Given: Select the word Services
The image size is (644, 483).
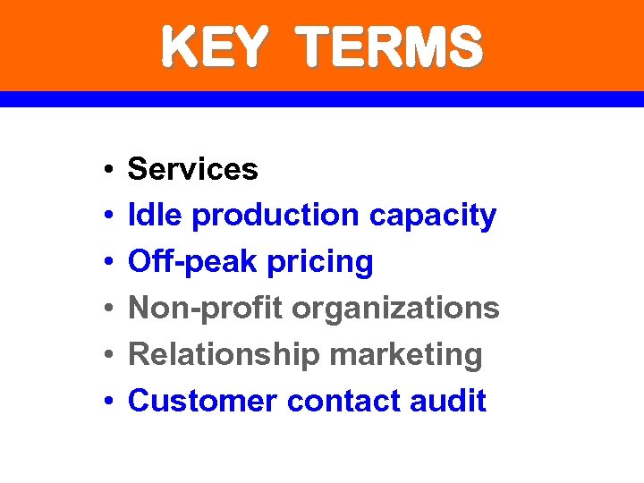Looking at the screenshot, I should [193, 169].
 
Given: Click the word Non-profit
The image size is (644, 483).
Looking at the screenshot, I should [206, 309].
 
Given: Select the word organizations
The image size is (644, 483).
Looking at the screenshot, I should [394, 309].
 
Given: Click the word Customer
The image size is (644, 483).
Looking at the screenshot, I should [202, 402].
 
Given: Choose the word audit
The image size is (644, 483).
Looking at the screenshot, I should [448, 402].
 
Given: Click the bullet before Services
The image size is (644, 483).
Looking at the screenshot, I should [106, 170].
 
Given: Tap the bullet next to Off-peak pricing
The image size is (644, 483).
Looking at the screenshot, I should [106, 263].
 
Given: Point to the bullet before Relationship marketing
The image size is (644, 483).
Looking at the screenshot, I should [106, 356].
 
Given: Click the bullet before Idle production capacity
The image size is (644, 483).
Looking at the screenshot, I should [106, 216].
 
